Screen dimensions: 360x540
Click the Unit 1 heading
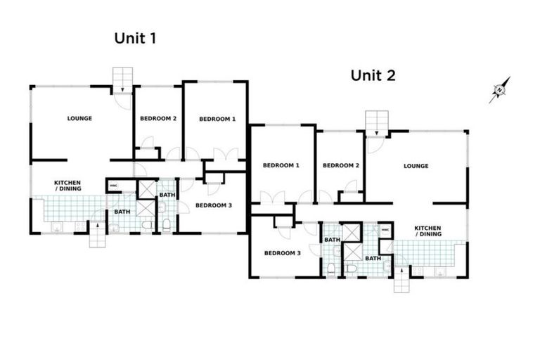click(134, 39)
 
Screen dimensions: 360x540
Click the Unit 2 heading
click(372, 75)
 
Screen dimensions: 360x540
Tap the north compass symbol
click(499, 89)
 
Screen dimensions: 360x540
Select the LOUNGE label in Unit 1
click(79, 118)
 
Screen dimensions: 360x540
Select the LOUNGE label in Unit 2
click(416, 166)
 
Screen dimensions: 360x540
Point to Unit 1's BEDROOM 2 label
click(157, 118)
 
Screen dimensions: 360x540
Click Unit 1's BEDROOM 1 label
click(217, 119)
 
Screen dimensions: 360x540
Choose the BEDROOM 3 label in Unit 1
click(212, 205)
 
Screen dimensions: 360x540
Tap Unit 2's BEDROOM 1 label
click(281, 165)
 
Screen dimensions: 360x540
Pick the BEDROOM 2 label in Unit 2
click(341, 165)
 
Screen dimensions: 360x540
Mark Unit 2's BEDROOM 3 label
click(283, 253)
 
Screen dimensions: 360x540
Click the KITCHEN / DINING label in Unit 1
click(67, 186)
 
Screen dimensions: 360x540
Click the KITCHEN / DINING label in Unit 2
click(427, 231)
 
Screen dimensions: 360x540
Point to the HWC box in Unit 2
click(385, 230)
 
